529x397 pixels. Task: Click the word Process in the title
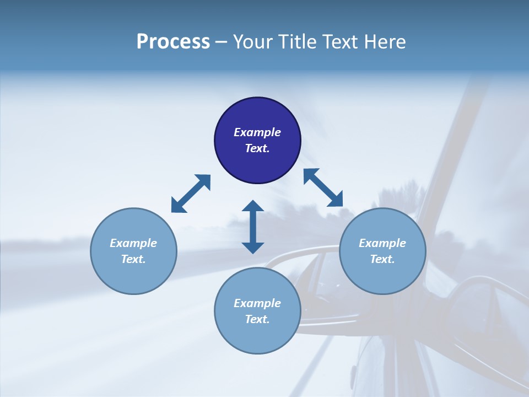coord(173,42)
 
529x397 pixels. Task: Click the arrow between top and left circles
coord(191,194)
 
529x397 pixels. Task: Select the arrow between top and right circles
coord(323,187)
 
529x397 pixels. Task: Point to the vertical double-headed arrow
coord(253,227)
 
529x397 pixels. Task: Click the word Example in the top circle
coord(257,132)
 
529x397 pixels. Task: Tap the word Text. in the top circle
coord(257,148)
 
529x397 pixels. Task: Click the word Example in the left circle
coord(133,243)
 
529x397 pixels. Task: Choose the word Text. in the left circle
coord(133,259)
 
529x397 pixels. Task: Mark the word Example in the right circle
coord(382,243)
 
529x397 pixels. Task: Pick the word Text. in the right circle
coord(382,259)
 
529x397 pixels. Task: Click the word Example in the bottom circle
coord(257,303)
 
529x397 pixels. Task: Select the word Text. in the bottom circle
coord(257,319)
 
